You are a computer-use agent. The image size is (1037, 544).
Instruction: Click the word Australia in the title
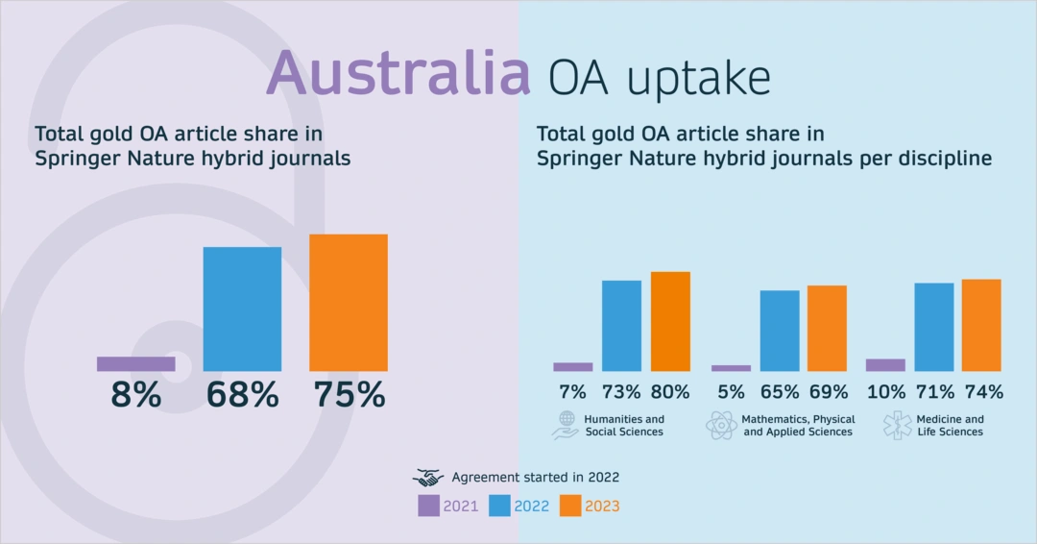pos(398,72)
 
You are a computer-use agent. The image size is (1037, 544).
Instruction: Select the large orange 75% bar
pos(349,303)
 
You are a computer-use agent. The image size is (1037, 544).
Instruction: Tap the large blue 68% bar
pos(242,309)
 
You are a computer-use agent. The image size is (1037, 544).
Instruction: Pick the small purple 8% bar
pos(135,363)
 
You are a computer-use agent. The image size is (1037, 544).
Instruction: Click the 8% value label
pos(135,395)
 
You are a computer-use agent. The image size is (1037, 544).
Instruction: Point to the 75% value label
pos(350,395)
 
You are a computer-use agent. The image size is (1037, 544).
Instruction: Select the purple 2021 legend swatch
pos(428,506)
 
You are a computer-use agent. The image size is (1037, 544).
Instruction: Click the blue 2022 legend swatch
pos(499,506)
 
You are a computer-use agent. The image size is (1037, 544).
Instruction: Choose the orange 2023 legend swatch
pos(570,506)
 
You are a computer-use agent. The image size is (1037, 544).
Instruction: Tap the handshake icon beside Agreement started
pos(428,478)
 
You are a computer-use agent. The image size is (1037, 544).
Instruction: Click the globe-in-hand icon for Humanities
pos(566,425)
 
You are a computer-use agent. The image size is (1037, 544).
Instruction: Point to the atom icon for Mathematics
pos(721,425)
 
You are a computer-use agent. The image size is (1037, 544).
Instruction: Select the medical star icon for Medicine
pos(898,425)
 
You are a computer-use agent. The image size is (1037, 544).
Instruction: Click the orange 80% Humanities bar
pos(670,321)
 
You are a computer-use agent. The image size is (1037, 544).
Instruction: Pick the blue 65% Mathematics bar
pos(780,331)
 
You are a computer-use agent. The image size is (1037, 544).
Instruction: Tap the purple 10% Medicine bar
pos(885,364)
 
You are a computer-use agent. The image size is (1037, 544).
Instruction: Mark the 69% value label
pos(828,392)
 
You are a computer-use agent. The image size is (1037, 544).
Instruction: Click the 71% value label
pos(934,392)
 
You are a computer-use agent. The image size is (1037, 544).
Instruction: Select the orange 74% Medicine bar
pos(981,325)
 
